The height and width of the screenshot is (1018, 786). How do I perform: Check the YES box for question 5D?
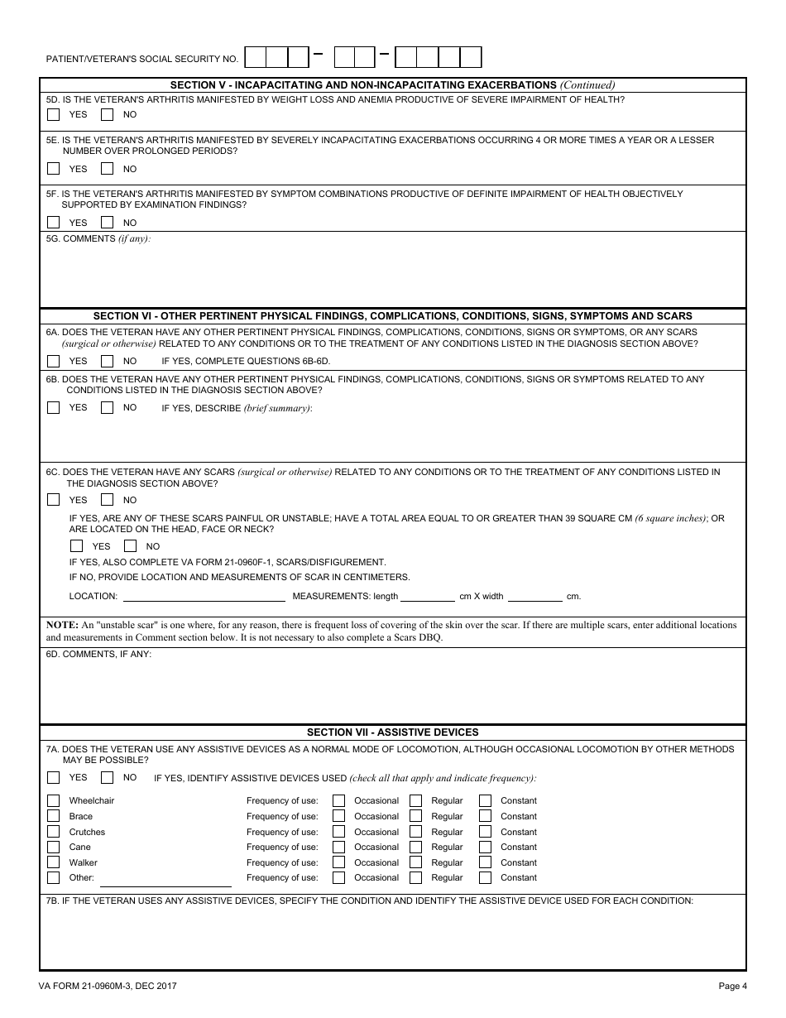54,115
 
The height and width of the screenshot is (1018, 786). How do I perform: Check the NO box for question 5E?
107,169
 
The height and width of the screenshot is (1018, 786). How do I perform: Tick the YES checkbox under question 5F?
54,223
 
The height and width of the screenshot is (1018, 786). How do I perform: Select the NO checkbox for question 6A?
107,362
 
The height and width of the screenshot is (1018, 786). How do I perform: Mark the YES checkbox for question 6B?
54,408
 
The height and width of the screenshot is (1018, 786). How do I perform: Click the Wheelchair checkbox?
54,801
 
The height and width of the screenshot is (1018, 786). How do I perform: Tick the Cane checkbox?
54,848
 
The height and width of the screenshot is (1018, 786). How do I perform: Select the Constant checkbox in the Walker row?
485,862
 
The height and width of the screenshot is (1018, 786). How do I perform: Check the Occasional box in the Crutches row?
339,832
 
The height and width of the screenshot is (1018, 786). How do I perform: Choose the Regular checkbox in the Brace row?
415,816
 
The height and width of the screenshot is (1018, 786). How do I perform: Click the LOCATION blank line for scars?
204,596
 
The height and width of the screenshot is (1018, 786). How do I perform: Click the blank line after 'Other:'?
165,878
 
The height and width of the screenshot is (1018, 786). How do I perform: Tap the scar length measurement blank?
428,596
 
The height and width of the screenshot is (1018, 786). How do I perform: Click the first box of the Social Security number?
256,57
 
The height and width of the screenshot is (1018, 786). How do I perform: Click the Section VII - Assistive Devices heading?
392,732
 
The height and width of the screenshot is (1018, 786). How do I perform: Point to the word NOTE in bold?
61,625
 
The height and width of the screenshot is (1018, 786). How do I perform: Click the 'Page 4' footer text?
732,986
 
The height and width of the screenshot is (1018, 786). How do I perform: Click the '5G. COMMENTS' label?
81,239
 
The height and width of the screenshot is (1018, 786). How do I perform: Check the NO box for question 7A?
107,778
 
